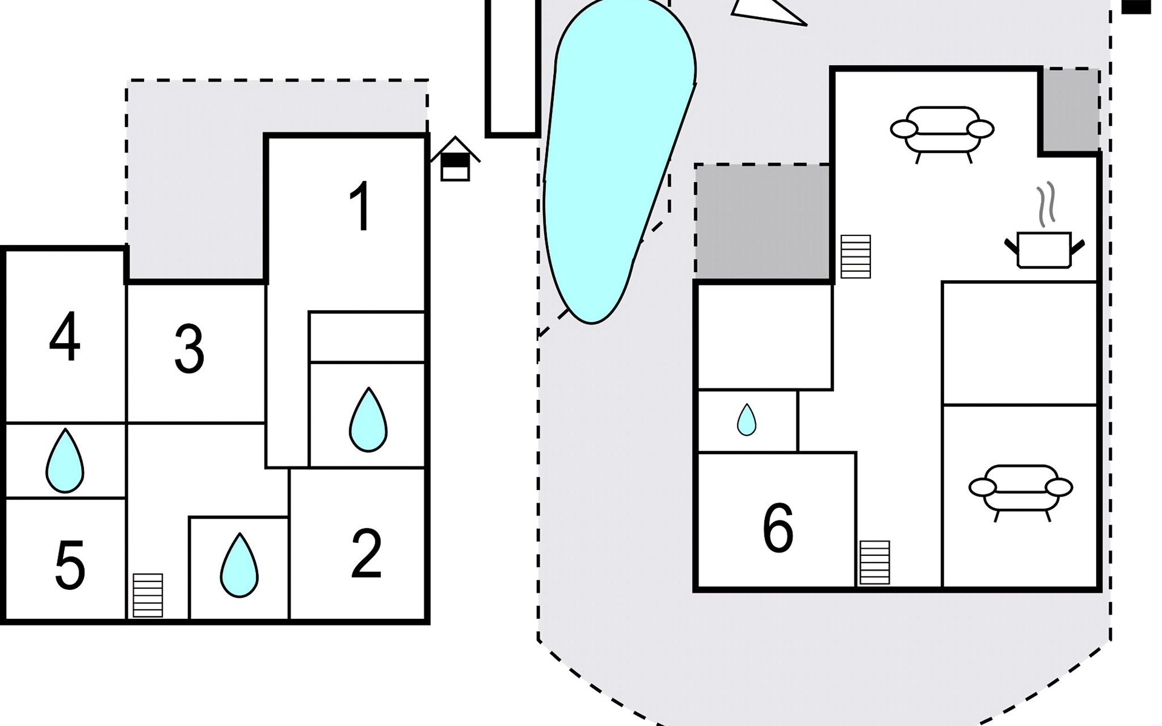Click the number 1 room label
(361, 207)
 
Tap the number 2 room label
(366, 553)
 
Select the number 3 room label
(189, 349)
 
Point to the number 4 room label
(64, 337)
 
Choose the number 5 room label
(70, 566)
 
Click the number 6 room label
(778, 528)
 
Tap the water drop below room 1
(368, 420)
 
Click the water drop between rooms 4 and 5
(65, 461)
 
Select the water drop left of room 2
(239, 565)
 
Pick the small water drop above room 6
(746, 420)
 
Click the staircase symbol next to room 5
(148, 595)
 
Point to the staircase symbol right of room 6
(875, 562)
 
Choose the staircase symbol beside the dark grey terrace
(856, 257)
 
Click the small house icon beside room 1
(455, 160)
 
